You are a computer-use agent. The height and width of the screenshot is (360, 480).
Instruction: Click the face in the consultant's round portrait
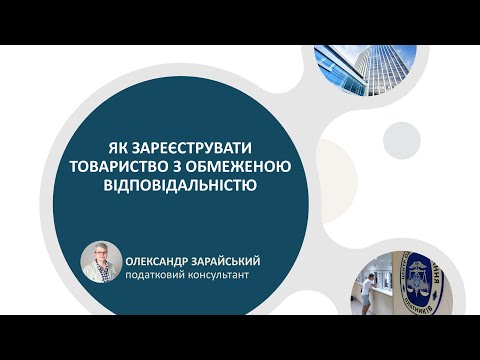click(x=102, y=256)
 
